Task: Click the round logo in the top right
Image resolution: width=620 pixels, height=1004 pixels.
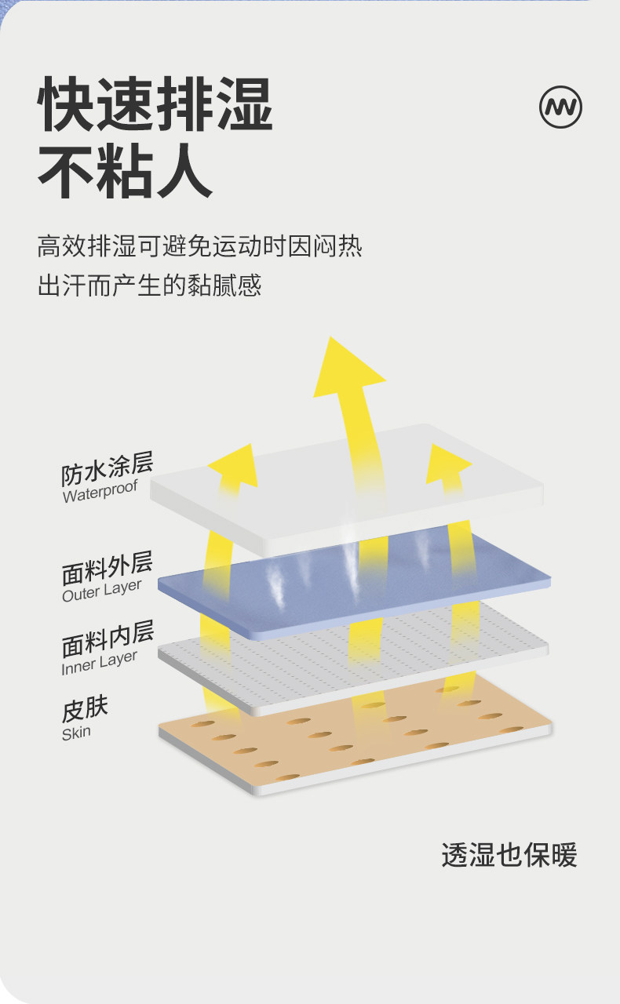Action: coord(560,107)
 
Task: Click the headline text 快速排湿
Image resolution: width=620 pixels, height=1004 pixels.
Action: coord(155,105)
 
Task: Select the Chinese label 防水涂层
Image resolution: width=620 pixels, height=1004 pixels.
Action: coord(107,469)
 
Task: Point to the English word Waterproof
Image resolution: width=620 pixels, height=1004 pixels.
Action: coord(100,492)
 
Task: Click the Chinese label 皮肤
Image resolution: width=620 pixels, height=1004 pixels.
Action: coord(85,710)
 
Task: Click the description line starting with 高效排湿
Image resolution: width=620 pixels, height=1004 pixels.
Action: coord(199,247)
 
